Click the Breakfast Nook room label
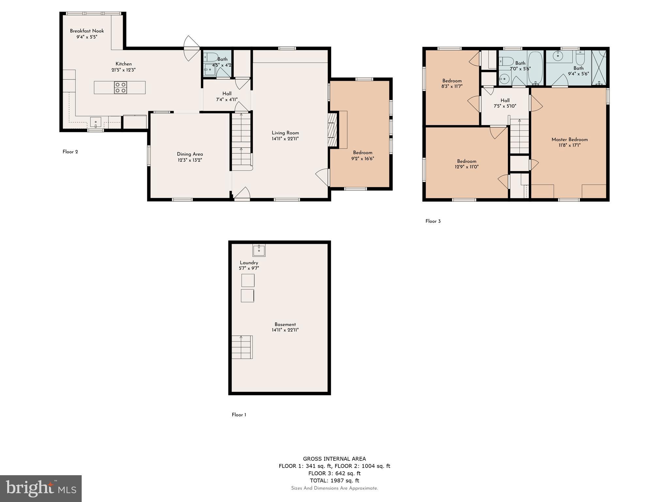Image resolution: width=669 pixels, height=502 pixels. point(87,31)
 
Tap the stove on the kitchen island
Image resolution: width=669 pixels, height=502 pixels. point(121,88)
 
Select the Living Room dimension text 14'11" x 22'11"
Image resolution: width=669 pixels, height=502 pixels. point(285,139)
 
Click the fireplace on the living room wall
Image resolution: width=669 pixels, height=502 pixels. point(332,130)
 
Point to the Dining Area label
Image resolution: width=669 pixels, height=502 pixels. point(190,154)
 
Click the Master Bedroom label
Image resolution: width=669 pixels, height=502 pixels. point(569,140)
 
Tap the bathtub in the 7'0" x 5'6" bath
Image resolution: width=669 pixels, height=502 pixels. point(535,68)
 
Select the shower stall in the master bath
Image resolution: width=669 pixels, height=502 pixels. point(599,68)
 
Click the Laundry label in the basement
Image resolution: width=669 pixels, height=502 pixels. point(249,263)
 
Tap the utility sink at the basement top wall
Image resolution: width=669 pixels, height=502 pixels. point(259,250)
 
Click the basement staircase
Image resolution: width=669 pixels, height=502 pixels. point(242,347)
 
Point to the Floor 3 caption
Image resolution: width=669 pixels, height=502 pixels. point(433,221)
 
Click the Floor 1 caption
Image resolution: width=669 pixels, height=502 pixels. point(239,415)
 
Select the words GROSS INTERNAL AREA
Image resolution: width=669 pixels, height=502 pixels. point(334,459)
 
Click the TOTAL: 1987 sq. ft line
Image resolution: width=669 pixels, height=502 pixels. point(334,480)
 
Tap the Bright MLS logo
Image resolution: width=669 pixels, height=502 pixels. point(41,488)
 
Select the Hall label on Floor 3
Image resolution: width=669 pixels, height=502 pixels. point(505,101)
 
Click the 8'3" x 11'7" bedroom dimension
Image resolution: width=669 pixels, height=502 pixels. point(452,87)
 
